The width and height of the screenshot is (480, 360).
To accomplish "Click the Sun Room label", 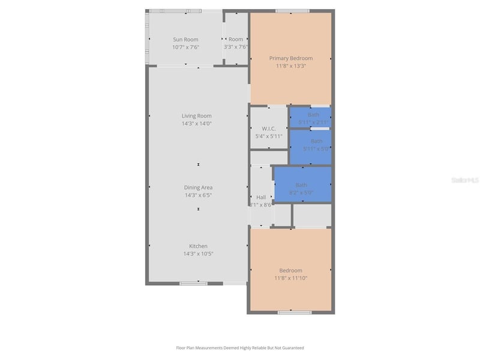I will click(x=185, y=40).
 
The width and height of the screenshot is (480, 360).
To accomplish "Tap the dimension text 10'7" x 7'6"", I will click(x=185, y=47).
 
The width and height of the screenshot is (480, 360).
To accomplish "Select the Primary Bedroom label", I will click(x=290, y=58).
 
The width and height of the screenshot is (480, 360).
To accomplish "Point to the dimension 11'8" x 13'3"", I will click(x=290, y=66).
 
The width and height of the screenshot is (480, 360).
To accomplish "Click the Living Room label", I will click(x=197, y=116).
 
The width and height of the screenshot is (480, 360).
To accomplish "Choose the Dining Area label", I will click(x=198, y=188).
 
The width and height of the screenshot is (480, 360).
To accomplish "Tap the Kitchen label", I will click(x=198, y=246).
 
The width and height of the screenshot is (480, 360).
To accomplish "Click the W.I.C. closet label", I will click(x=268, y=128).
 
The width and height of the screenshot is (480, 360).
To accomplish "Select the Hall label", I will click(x=261, y=197).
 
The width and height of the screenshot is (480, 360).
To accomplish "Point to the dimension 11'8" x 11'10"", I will click(x=290, y=278).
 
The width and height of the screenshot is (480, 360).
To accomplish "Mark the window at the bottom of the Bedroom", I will click(x=295, y=312).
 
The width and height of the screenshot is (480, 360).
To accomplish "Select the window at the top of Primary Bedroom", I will click(x=292, y=11).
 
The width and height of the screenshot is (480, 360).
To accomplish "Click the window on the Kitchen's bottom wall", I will click(x=193, y=283).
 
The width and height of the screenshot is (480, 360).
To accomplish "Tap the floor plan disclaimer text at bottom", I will click(x=240, y=347).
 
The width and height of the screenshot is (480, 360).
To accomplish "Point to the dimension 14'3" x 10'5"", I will click(x=198, y=254).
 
